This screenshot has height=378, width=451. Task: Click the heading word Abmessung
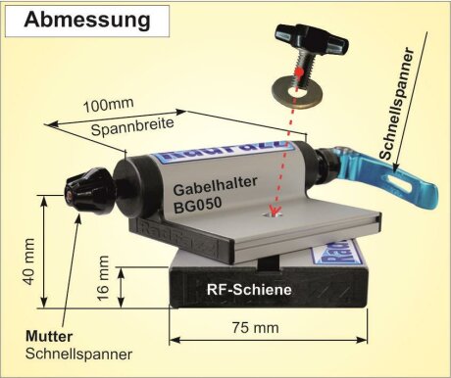point(88,19)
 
